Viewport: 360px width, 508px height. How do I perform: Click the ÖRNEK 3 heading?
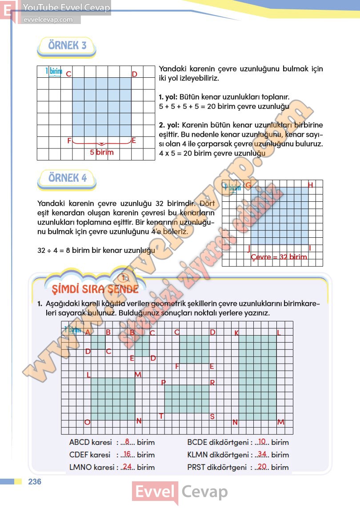(x=67, y=45)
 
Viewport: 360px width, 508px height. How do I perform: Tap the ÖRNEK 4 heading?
(x=67, y=178)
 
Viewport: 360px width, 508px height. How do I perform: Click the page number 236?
(x=34, y=482)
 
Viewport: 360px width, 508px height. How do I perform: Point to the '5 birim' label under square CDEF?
(x=102, y=152)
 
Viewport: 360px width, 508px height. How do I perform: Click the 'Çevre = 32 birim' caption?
(x=279, y=257)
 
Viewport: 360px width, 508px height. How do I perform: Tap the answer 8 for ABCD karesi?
(x=127, y=442)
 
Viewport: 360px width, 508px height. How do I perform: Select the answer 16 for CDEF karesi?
(x=127, y=455)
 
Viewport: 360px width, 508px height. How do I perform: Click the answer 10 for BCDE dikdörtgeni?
(x=262, y=442)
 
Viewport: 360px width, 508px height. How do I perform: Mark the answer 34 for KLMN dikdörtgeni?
(x=262, y=455)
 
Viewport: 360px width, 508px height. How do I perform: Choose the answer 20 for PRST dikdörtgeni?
(x=262, y=467)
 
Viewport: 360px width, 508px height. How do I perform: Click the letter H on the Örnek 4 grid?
(x=310, y=185)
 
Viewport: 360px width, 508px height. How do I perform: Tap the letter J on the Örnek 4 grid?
(x=248, y=247)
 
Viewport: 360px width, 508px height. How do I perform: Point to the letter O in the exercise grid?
(x=87, y=422)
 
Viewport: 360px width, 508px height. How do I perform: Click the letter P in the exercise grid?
(x=163, y=383)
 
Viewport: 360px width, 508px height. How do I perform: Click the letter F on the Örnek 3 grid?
(x=69, y=141)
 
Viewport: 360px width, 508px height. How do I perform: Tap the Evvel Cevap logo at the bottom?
(x=180, y=492)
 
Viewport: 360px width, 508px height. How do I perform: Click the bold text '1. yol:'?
(x=168, y=96)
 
